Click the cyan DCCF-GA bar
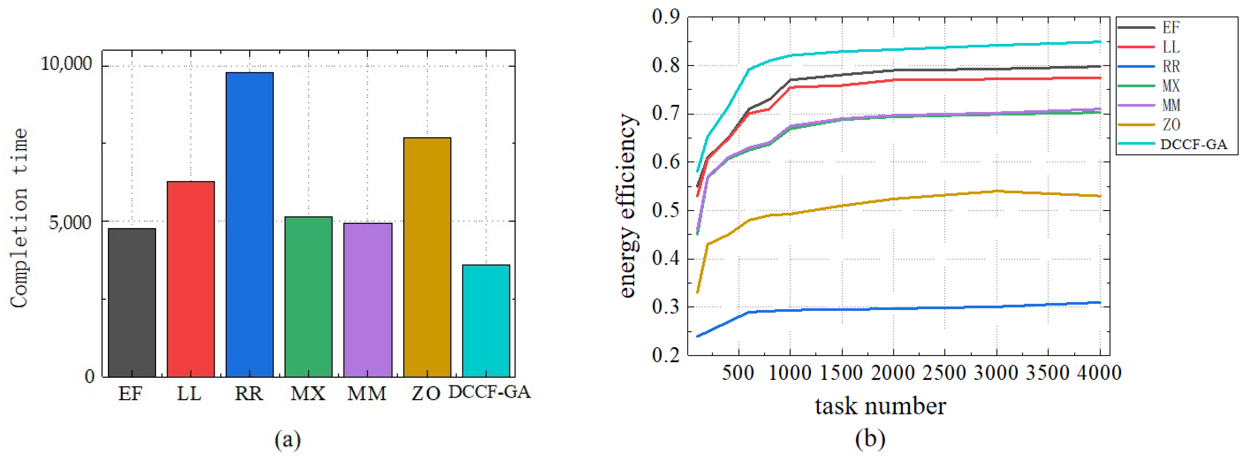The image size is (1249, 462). pos(486,321)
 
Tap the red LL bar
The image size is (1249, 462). pos(190,279)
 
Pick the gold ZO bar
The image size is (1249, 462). pos(427,257)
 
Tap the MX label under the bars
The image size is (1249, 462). pos(308,393)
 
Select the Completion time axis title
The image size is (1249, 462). pos(19,218)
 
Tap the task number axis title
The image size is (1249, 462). pos(880,406)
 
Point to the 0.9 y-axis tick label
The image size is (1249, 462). pos(666,17)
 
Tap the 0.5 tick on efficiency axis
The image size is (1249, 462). pos(666,210)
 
